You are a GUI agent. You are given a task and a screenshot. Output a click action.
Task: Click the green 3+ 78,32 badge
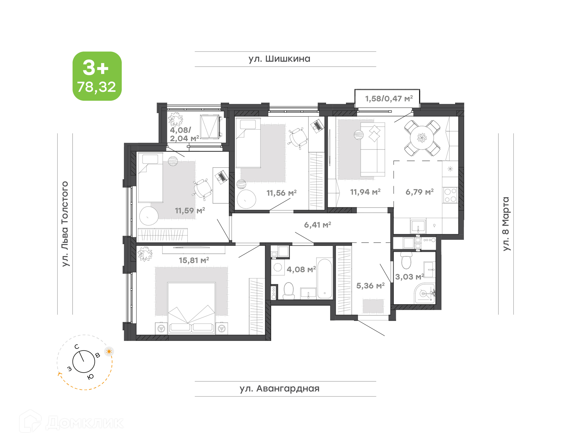[x=97, y=76]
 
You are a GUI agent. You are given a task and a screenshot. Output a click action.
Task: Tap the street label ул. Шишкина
[x=279, y=59]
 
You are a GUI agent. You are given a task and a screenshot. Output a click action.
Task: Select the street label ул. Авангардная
[x=280, y=389]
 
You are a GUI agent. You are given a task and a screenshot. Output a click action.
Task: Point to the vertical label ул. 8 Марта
[x=506, y=224]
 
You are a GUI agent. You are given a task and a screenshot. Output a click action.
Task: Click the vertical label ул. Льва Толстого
[x=65, y=224]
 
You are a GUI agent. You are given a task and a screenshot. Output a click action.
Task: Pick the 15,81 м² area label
[x=194, y=260]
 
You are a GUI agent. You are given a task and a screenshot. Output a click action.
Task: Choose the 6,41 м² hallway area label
[x=318, y=225]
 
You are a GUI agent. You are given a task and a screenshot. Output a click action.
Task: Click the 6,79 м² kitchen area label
[x=420, y=192]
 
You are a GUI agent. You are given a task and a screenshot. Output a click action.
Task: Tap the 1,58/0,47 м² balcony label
[x=389, y=99]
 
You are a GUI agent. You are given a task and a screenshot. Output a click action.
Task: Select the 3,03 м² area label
[x=410, y=277]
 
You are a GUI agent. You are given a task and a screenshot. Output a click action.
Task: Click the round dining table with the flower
[x=422, y=138]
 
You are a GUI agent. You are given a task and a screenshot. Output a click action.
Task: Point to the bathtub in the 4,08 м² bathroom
[x=324, y=278]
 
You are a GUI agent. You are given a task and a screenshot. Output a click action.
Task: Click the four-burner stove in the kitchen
[x=450, y=195]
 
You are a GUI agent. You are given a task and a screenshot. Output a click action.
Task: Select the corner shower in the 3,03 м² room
[x=425, y=293]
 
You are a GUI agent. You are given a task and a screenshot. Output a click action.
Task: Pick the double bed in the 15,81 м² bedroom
[x=191, y=308]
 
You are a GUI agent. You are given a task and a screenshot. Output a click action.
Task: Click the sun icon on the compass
[x=109, y=351]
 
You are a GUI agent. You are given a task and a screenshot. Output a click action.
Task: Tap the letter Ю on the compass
[x=90, y=377]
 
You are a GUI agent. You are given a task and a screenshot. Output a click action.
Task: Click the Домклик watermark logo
[x=71, y=422]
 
